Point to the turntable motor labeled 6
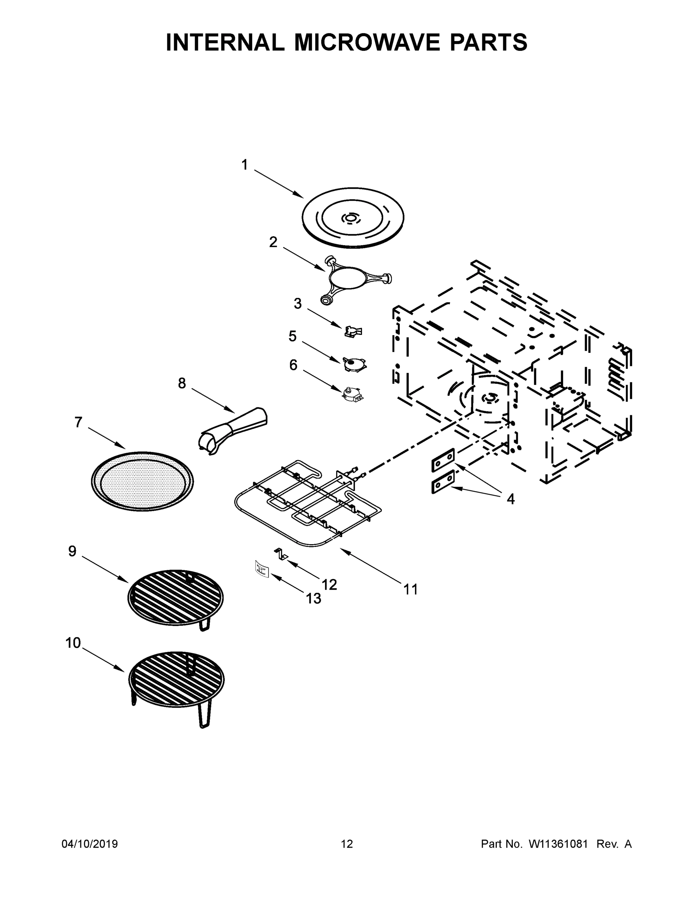click(352, 393)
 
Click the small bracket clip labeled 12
click(281, 553)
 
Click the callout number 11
click(411, 589)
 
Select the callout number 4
click(510, 499)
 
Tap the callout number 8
click(182, 383)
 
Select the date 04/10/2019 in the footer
click(90, 844)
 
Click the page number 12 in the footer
click(347, 844)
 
